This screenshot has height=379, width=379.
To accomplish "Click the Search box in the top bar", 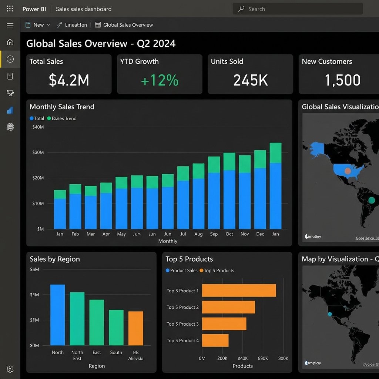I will click(298, 9).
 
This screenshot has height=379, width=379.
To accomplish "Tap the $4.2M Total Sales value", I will click(69, 80).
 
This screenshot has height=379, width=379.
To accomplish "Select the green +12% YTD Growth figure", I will click(160, 80).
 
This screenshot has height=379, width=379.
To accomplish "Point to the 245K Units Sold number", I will click(250, 80).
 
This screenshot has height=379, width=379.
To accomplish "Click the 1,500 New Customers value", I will click(342, 80).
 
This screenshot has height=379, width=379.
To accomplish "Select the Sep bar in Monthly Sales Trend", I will click(214, 192).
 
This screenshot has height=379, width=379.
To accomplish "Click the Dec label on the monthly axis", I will click(260, 234).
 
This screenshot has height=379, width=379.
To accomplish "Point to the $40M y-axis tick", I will click(38, 127).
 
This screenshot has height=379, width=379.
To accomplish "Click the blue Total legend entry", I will click(37, 118).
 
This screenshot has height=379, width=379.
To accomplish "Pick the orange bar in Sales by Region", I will click(135, 328).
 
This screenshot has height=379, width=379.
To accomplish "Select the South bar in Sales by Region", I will click(116, 328).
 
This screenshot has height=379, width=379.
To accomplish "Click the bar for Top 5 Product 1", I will click(239, 291).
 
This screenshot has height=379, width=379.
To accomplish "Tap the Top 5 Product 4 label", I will click(182, 341).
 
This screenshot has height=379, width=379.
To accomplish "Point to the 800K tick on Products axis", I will click(283, 358).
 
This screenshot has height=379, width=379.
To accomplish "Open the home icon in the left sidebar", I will click(10, 42).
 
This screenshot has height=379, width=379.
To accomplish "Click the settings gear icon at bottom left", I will click(10, 369).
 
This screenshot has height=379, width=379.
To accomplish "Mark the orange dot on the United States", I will click(348, 171).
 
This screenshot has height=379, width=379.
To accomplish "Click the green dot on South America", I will click(372, 200).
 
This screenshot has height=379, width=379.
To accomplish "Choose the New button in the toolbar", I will click(38, 25).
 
